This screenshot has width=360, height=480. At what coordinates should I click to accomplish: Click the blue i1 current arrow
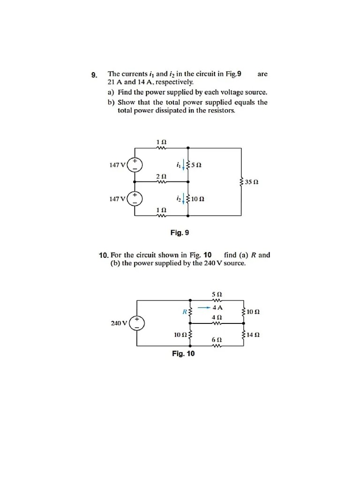pyautogui.click(x=183, y=165)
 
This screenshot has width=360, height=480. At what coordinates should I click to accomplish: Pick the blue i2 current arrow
pyautogui.click(x=183, y=199)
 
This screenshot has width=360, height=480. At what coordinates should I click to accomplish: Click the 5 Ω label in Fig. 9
pyautogui.click(x=196, y=165)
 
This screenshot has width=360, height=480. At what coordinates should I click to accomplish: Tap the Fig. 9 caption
pyautogui.click(x=180, y=232)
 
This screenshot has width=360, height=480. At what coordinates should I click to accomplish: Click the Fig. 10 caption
pyautogui.click(x=183, y=353)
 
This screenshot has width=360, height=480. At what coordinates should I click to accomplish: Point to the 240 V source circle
pyautogui.click(x=137, y=323)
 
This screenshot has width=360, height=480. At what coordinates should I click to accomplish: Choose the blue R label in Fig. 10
pyautogui.click(x=185, y=311)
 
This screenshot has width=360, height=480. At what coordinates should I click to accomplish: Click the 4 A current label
pyautogui.click(x=217, y=308)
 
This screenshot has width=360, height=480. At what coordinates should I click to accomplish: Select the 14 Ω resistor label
pyautogui.click(x=253, y=335)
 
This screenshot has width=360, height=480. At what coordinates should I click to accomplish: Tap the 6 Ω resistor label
pyautogui.click(x=217, y=339)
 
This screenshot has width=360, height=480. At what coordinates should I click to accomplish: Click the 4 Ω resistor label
pyautogui.click(x=217, y=317)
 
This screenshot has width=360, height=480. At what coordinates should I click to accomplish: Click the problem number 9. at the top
pyautogui.click(x=94, y=75)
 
